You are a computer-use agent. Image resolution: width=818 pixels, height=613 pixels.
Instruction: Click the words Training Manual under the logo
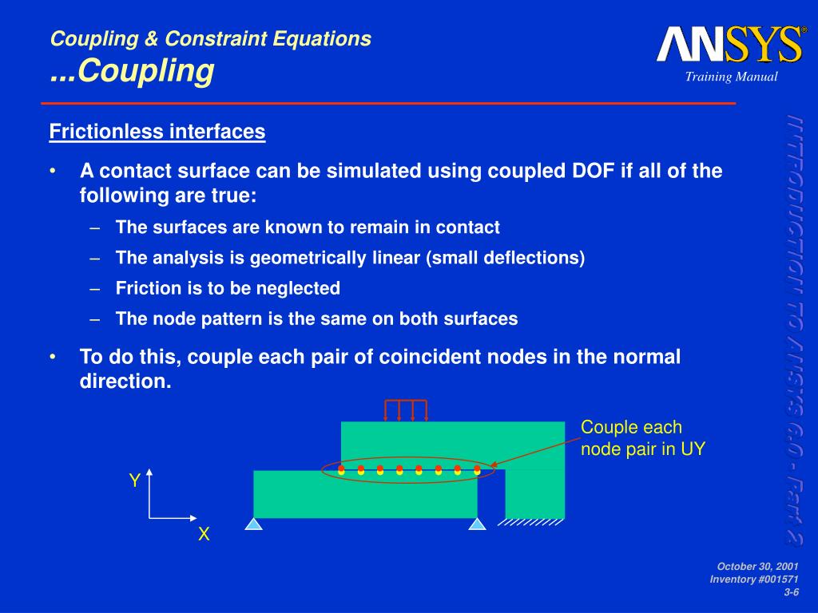730,77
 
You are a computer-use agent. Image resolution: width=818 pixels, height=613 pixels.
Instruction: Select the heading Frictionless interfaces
157,132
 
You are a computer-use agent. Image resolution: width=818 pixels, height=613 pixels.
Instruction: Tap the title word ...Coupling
133,71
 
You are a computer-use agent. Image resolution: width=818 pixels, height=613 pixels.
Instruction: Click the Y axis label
135,481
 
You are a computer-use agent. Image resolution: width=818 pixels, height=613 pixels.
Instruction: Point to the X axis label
204,535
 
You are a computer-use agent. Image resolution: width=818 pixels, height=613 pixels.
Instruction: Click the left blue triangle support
254,524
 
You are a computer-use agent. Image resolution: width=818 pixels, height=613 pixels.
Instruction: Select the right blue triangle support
477,524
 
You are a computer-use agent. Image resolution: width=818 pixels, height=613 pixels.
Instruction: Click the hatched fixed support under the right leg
530,523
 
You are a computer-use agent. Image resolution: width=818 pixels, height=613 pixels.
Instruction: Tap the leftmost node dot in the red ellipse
341,470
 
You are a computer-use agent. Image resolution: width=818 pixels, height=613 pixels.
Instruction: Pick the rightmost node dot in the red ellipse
477,470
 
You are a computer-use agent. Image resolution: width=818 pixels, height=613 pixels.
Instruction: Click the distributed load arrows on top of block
406,409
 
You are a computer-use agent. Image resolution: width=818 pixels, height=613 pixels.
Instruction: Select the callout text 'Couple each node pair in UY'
642,438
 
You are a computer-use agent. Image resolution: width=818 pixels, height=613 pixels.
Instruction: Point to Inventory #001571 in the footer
754,579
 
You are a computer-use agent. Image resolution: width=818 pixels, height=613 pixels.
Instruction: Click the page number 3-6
791,591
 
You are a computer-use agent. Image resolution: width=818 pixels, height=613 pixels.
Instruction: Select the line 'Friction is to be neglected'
228,288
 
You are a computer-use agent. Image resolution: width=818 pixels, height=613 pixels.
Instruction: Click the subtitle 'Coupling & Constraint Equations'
211,38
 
